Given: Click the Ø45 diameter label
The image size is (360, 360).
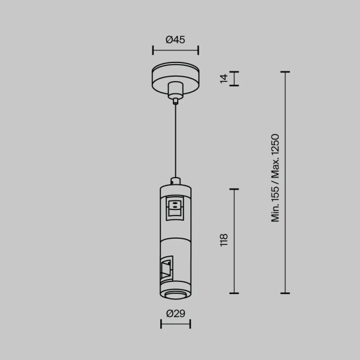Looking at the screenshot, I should pyautogui.click(x=175, y=40).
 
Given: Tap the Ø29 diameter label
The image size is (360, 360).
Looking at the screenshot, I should pyautogui.click(x=175, y=313).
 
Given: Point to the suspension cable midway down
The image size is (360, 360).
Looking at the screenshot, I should pyautogui.click(x=175, y=141).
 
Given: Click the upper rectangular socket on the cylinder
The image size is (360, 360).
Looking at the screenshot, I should pyautogui.click(x=175, y=207).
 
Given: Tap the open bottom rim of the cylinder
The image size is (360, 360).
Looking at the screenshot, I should pyautogui.click(x=175, y=293).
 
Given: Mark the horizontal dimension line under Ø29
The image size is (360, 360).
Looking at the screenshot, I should pyautogui.click(x=175, y=325).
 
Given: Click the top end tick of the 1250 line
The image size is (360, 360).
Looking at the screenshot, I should pyautogui.click(x=286, y=72).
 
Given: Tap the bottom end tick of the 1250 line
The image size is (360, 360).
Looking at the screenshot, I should pyautogui.click(x=286, y=293).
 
